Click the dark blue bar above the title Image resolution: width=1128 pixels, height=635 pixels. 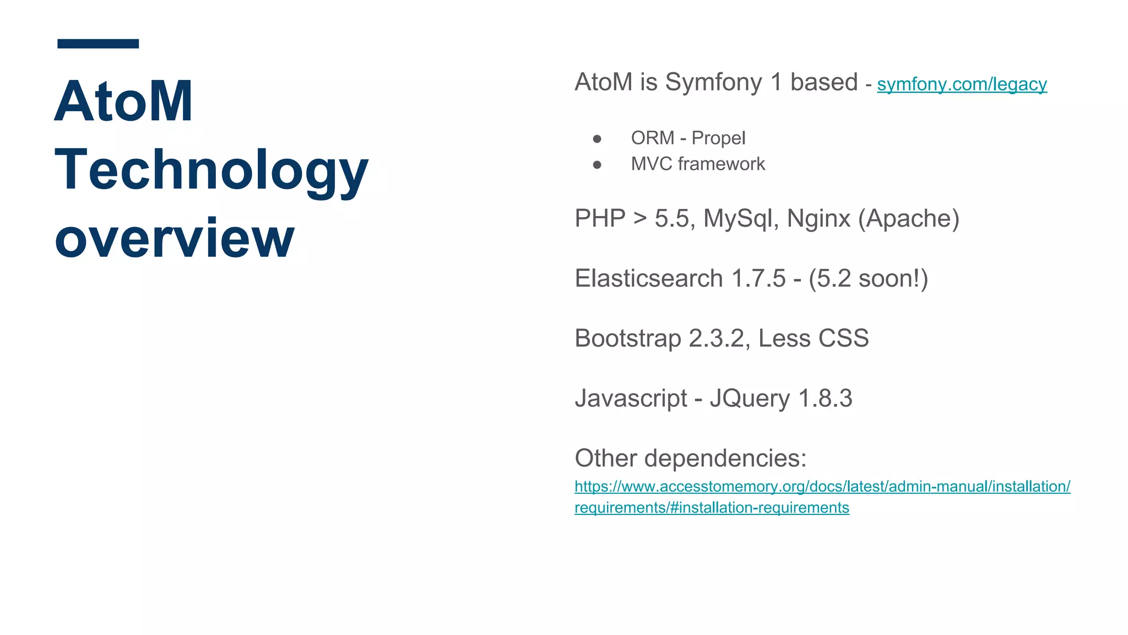98,44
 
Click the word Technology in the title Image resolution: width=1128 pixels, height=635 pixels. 211,170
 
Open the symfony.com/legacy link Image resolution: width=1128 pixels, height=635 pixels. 962,84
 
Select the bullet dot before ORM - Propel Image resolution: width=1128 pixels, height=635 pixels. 597,139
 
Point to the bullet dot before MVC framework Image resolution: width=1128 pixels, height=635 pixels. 597,165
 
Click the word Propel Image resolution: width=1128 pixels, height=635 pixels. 718,138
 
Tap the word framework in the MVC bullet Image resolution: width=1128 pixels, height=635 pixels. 722,164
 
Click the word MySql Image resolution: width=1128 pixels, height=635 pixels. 740,219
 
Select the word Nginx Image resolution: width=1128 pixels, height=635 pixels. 818,219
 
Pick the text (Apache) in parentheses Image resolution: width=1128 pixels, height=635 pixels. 909,219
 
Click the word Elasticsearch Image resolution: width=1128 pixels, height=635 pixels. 648,278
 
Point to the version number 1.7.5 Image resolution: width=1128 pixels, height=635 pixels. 758,278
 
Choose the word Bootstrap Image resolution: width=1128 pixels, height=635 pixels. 628,338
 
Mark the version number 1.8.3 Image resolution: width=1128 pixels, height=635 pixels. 825,399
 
